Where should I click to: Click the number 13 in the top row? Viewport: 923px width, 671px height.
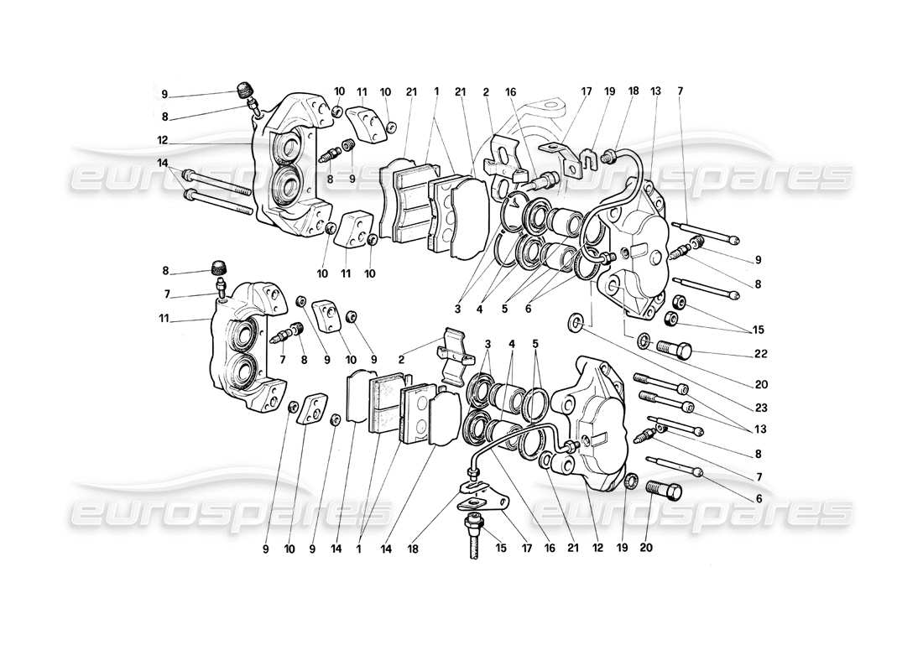coord(655,91)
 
